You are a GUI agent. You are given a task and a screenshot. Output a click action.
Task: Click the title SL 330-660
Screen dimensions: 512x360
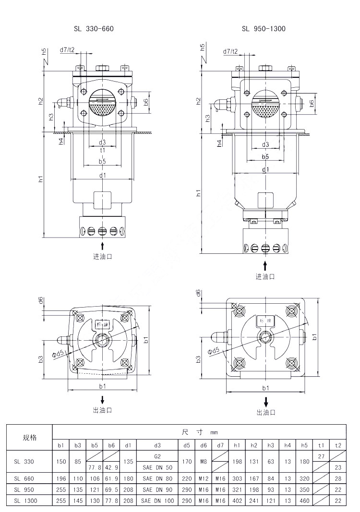click(94, 29)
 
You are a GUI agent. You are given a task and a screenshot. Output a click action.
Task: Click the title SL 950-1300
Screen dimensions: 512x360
click(264, 29)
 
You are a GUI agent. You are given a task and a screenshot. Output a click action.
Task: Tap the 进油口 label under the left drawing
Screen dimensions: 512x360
click(102, 256)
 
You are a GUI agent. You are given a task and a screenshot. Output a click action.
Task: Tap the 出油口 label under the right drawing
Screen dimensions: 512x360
click(265, 412)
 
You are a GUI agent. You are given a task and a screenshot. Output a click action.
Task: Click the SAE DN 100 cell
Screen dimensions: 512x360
click(159, 500)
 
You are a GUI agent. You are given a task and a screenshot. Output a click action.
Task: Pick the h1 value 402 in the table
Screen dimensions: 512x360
click(237, 500)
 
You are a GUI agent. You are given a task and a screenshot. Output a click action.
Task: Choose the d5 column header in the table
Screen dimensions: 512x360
click(187, 445)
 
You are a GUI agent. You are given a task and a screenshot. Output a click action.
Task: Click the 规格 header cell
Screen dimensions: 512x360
click(29, 438)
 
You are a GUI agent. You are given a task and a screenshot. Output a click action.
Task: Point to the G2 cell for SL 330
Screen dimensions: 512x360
click(159, 456)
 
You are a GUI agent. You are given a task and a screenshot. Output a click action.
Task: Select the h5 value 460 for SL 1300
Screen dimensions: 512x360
click(304, 500)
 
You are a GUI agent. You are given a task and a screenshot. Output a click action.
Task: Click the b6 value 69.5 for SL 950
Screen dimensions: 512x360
click(111, 489)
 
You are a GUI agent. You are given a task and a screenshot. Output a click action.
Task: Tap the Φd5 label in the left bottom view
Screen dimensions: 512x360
click(59, 355)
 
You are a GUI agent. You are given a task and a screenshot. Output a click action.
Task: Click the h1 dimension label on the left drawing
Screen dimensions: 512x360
click(41, 179)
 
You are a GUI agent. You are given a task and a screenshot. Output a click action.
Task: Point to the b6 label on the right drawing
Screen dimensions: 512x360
click(312, 103)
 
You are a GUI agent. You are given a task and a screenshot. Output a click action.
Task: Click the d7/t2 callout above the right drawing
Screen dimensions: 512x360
click(230, 51)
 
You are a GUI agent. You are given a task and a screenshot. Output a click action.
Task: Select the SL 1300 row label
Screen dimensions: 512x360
click(24, 500)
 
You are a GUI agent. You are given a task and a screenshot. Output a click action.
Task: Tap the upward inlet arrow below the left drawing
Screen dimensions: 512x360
click(102, 246)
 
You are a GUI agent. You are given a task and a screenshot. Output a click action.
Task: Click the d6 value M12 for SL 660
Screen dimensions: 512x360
click(204, 478)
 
